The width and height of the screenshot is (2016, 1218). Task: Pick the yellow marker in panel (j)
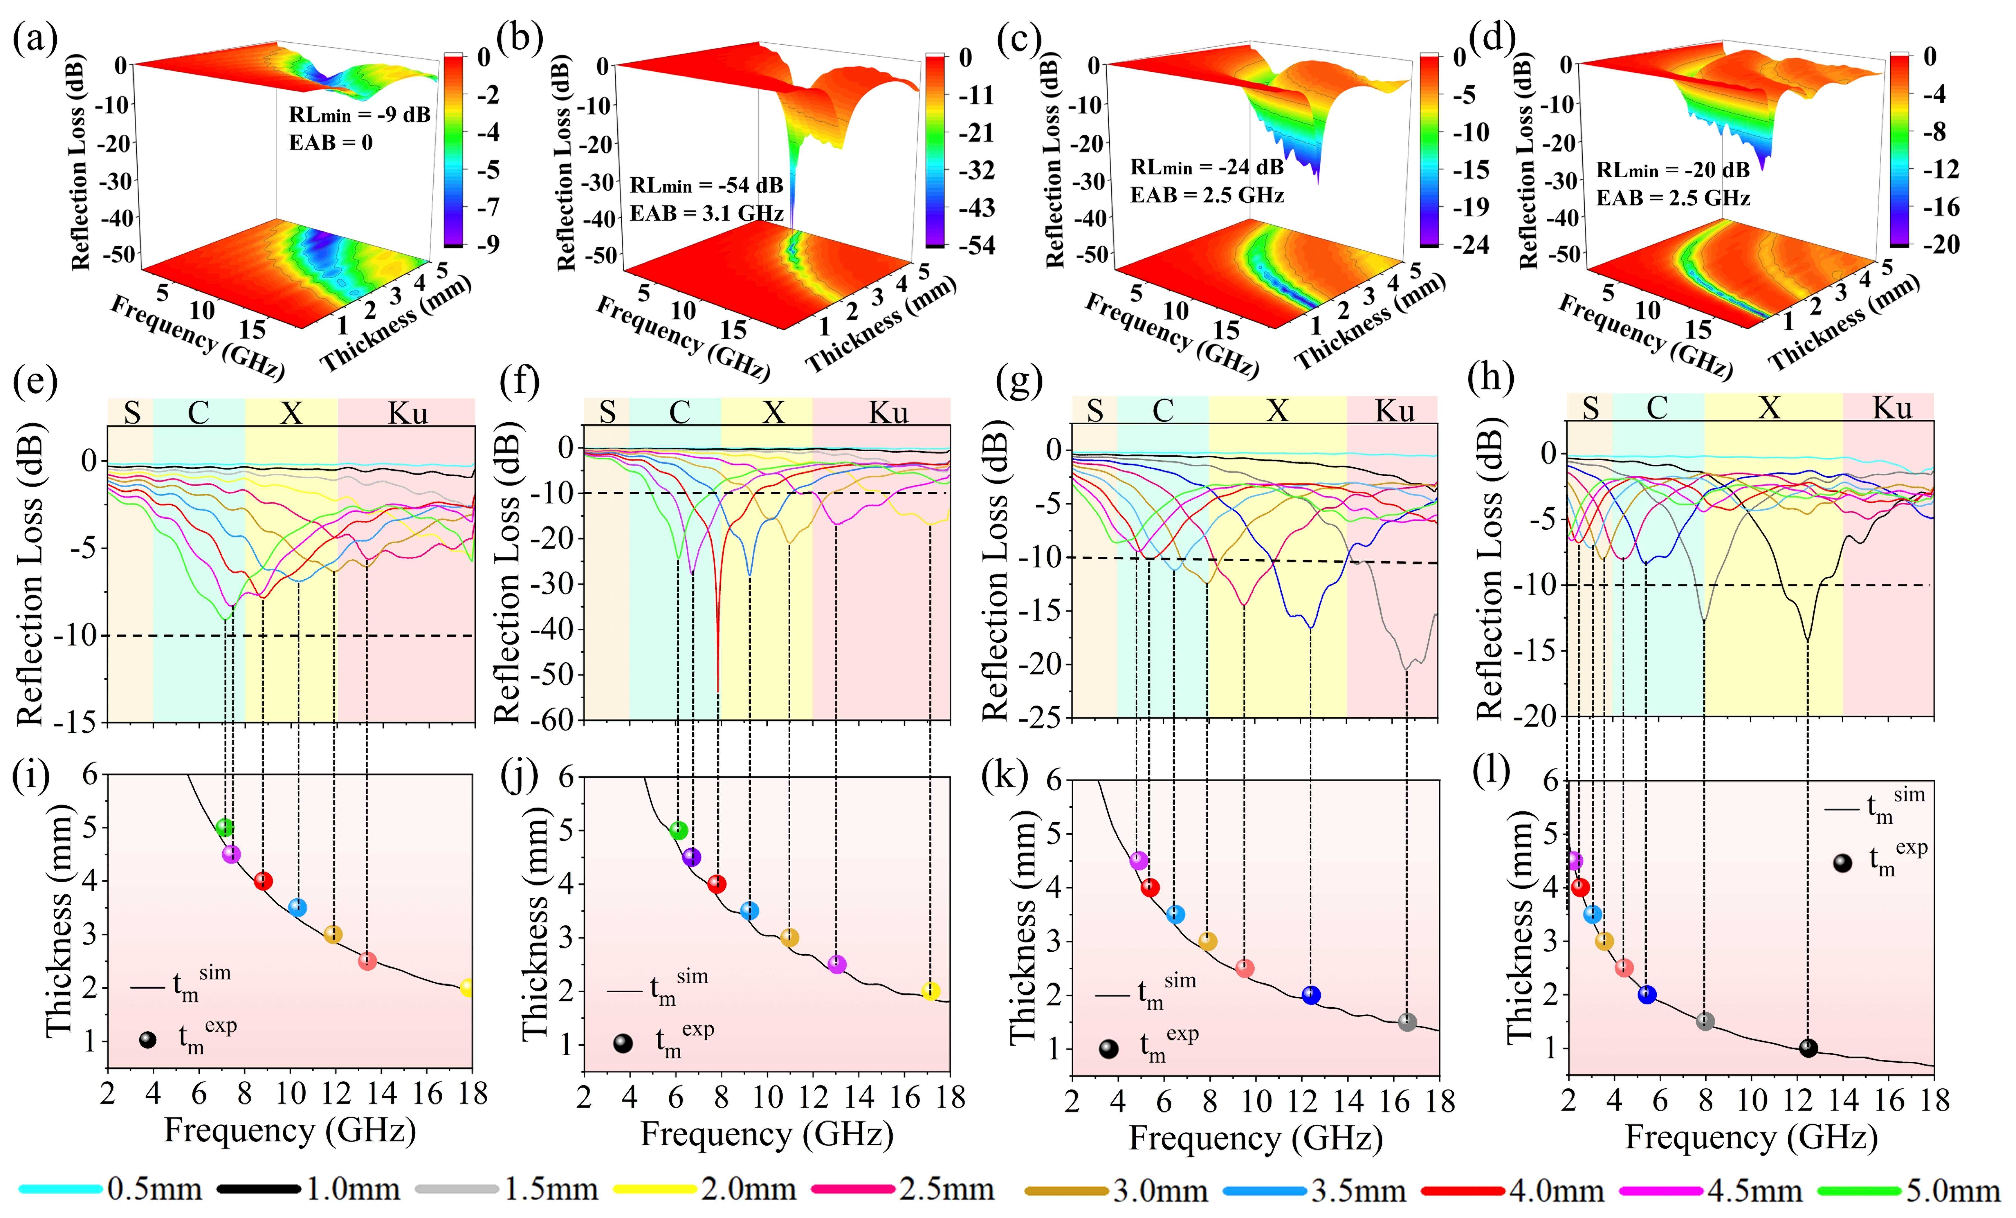[x=930, y=991]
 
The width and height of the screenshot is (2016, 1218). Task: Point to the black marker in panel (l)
[x=1808, y=1048]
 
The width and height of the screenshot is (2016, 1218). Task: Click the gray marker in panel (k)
[x=1406, y=1022]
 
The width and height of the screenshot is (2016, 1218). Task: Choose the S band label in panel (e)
[x=132, y=413]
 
